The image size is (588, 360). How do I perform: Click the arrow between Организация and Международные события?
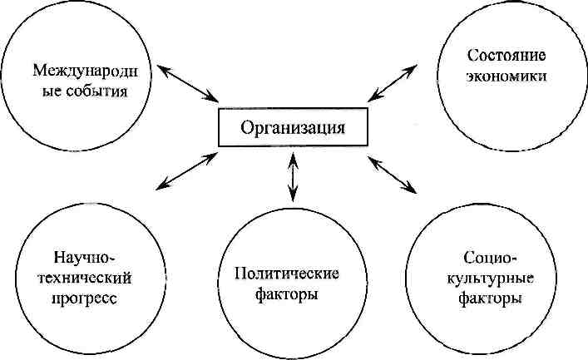click(184, 81)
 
